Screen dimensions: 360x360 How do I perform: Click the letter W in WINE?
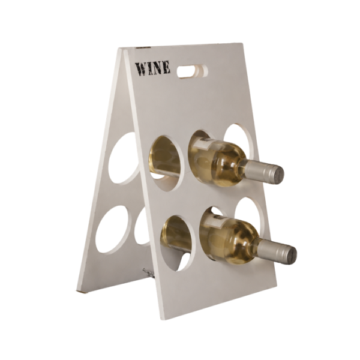point(140,69)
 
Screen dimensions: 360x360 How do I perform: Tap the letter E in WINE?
point(166,67)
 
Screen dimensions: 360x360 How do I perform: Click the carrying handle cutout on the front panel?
point(193,71)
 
